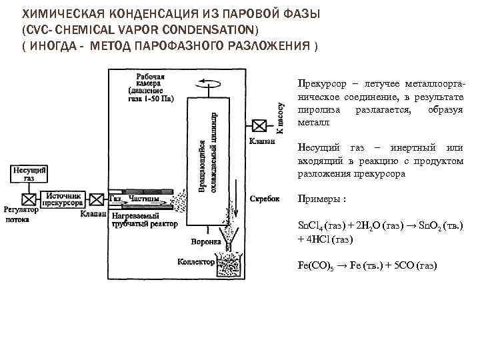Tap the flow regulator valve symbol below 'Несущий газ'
pyautogui.click(x=29, y=199)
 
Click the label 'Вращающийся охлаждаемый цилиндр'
pyautogui.click(x=207, y=149)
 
